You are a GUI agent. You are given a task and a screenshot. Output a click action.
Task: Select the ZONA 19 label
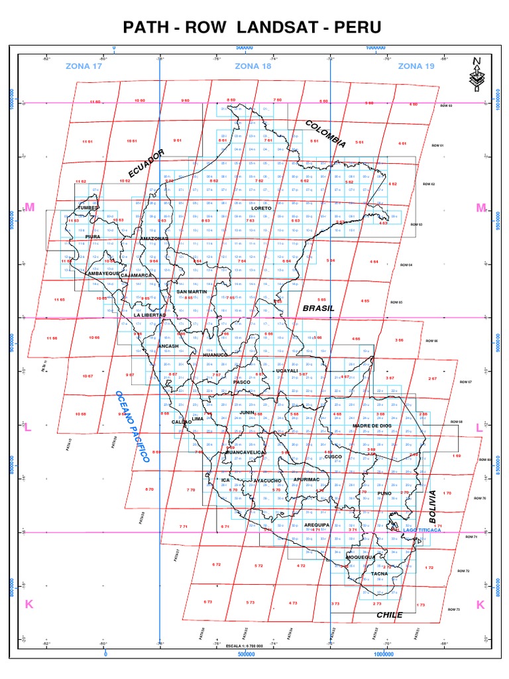[416, 66]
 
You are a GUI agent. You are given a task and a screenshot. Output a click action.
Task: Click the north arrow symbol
[476, 74]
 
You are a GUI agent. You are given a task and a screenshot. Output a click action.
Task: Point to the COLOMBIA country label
[325, 133]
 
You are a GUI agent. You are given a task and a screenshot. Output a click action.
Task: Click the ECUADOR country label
[146, 164]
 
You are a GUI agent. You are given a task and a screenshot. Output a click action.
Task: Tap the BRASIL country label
[319, 308]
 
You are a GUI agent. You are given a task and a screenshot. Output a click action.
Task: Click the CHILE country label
[390, 615]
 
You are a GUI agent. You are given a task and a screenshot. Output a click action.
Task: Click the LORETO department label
[262, 208]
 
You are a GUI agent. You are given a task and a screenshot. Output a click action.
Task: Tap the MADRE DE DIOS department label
[373, 426]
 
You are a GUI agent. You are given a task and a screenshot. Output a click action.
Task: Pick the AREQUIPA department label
[317, 525]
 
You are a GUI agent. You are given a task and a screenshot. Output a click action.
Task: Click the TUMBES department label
[88, 208]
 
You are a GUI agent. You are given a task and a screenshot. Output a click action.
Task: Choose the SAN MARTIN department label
[192, 291]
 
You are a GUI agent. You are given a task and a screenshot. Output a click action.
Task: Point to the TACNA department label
[379, 573]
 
